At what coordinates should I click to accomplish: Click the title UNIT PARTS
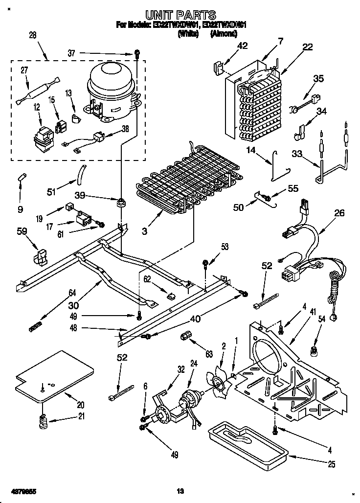(x=180, y=16)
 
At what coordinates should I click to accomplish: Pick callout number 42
(x=243, y=46)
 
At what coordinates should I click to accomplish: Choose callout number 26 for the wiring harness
(x=338, y=213)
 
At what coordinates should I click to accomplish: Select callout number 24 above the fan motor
(x=194, y=364)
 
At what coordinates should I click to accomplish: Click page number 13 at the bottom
(x=180, y=490)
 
